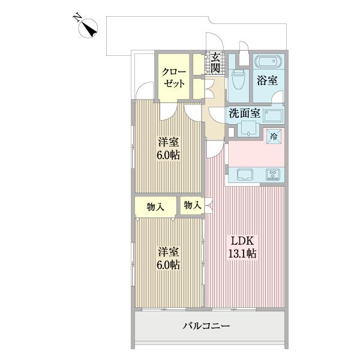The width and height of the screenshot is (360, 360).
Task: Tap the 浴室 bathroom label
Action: point(266,79)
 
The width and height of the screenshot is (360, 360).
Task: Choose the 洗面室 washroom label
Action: point(243,112)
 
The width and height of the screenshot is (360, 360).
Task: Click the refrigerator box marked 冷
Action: point(274,136)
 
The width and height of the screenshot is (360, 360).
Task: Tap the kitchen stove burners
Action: point(274,175)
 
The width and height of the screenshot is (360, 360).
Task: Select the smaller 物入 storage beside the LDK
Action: point(192,205)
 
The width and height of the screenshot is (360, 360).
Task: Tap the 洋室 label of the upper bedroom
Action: point(169,142)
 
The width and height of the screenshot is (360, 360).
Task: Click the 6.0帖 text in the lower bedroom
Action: point(169,265)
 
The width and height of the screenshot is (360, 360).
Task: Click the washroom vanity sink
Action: point(245,127)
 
